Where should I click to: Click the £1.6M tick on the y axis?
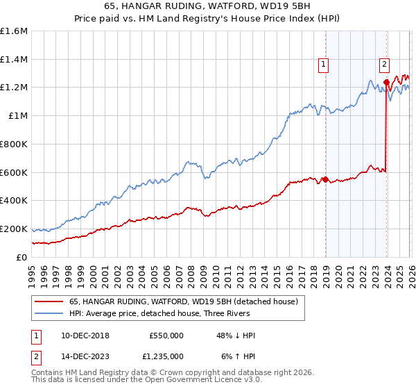14,31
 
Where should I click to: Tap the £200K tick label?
14,229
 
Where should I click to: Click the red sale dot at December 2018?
326,180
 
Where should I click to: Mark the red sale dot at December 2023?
386,83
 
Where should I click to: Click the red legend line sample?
49,301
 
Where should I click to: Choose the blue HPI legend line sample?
49,314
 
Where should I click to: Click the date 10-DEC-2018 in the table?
80,336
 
